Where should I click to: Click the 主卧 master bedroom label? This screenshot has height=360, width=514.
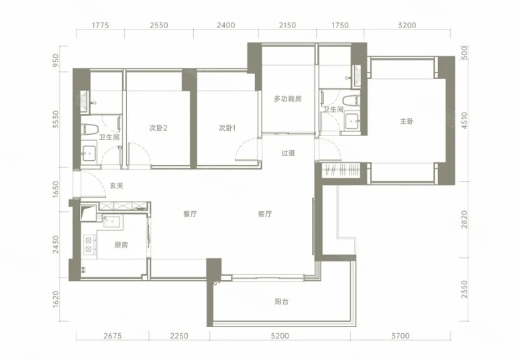click(x=407, y=121)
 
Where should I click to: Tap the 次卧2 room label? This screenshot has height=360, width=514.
click(x=158, y=128)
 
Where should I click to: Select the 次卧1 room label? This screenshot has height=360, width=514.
click(x=227, y=128)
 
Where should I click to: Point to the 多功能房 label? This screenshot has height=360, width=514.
click(x=288, y=99)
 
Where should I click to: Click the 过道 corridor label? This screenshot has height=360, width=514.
click(x=288, y=153)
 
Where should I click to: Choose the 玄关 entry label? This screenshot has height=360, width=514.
click(x=116, y=186)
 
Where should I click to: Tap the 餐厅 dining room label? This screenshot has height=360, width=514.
click(x=190, y=215)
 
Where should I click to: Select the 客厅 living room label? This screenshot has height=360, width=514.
click(x=264, y=215)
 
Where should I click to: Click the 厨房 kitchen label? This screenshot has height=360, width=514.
click(x=121, y=245)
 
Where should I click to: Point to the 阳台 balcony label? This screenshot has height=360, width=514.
click(x=282, y=302)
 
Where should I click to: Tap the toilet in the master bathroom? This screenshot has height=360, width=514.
click(x=351, y=101)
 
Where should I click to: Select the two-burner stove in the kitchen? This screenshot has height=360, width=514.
click(x=89, y=245)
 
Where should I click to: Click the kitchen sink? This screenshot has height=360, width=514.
click(x=112, y=222)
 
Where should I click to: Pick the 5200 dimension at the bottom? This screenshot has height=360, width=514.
click(x=280, y=336)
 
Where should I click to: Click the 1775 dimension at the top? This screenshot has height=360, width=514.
click(x=100, y=25)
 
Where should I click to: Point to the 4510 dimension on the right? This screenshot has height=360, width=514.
click(x=464, y=120)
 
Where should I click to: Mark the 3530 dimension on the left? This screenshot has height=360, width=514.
click(x=56, y=119)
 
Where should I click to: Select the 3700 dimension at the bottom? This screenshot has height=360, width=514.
click(x=400, y=336)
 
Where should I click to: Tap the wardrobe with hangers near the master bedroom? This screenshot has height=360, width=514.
click(x=344, y=170)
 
